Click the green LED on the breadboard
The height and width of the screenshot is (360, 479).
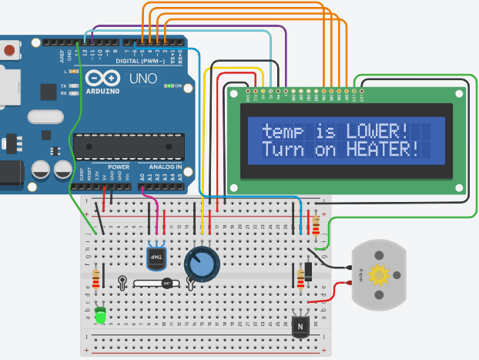[100, 315]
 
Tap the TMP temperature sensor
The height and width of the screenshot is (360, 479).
[156, 255]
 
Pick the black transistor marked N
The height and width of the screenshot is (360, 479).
[300, 326]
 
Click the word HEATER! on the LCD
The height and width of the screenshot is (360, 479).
[382, 149]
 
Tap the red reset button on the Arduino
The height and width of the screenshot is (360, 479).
[9, 51]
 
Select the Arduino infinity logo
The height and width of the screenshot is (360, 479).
[103, 78]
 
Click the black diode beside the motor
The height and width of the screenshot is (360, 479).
[308, 271]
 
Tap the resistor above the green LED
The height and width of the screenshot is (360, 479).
[96, 278]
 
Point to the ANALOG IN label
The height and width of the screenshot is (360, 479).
[164, 167]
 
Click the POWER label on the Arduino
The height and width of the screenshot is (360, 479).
[119, 167]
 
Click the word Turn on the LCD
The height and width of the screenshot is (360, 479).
[283, 149]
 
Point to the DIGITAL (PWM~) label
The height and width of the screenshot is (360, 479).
[142, 60]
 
